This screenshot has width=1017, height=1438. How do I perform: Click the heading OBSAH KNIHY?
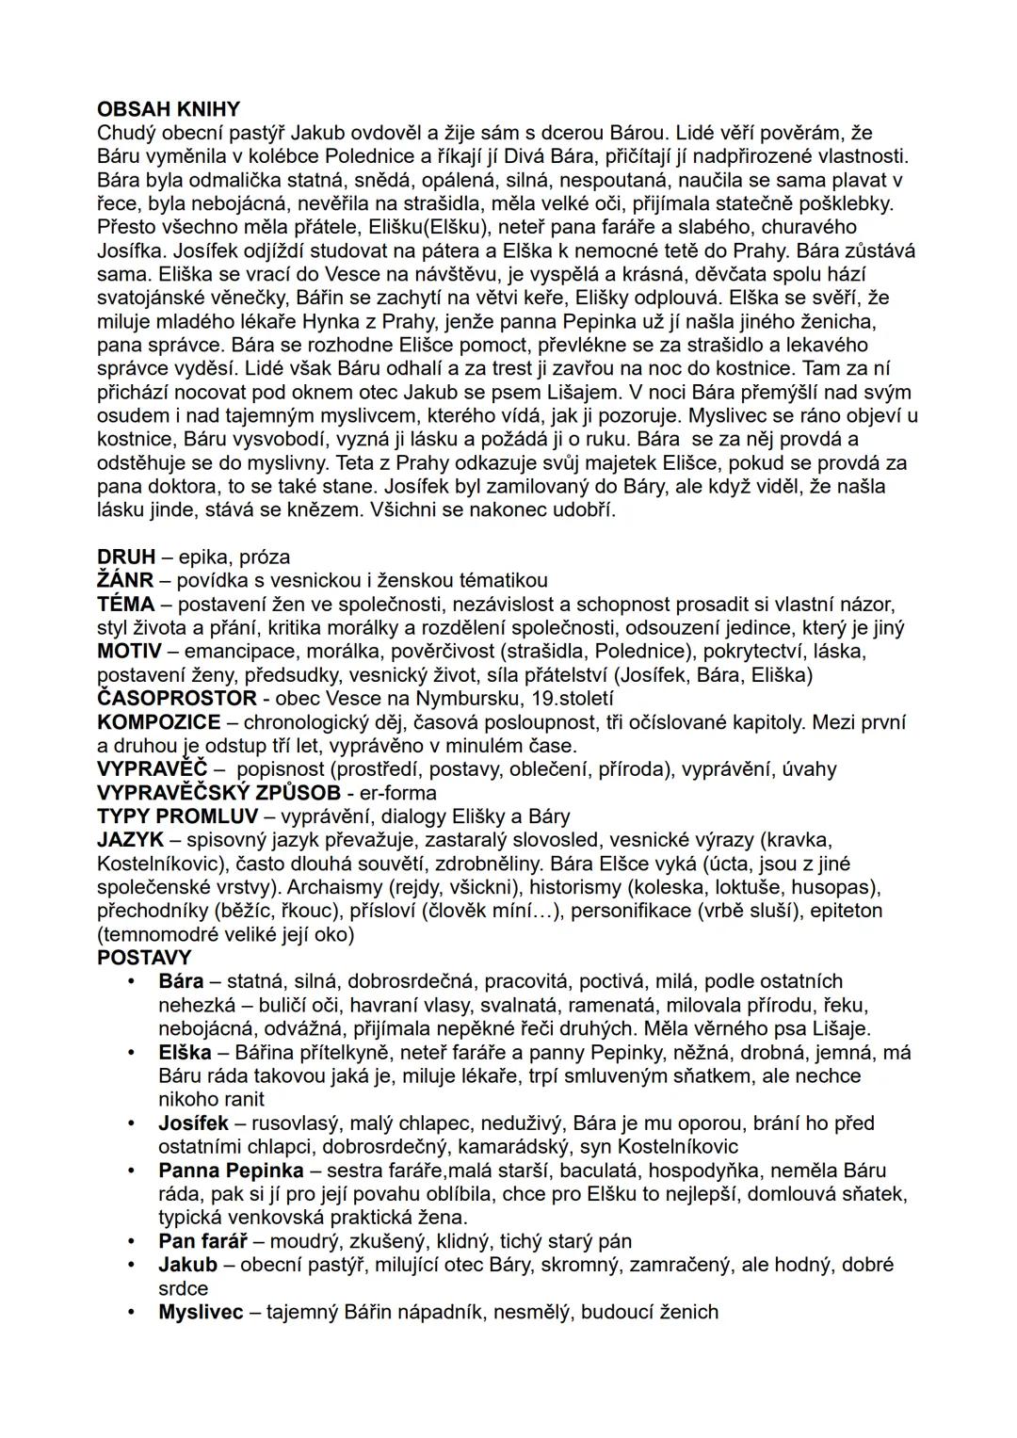tap(169, 109)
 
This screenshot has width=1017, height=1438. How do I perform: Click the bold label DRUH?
tap(126, 557)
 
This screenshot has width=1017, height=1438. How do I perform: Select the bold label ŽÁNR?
tap(125, 580)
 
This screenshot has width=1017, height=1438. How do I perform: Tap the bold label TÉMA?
tap(125, 604)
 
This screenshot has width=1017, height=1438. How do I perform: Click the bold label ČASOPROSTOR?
tap(177, 698)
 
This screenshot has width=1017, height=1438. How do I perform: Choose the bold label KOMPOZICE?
tap(159, 722)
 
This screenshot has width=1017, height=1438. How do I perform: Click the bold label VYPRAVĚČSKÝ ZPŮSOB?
tap(218, 793)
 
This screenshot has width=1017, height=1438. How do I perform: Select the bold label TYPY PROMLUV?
tap(177, 816)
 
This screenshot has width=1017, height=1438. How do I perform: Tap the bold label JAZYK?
tap(130, 840)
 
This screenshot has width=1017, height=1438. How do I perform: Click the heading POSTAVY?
tap(144, 958)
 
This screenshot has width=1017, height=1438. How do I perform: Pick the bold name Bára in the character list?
tap(181, 981)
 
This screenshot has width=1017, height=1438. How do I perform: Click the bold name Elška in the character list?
tap(185, 1052)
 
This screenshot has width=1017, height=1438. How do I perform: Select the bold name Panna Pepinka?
tap(231, 1171)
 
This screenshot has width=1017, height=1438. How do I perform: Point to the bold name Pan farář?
tap(202, 1241)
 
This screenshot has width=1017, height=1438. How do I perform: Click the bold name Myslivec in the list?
tap(201, 1312)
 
